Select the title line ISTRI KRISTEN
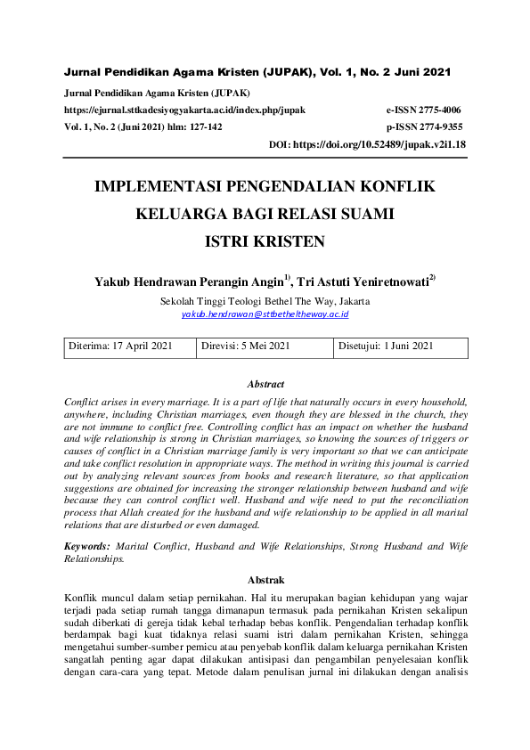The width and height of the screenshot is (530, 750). tap(265, 240)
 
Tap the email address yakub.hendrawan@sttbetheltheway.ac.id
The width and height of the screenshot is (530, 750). tap(265, 314)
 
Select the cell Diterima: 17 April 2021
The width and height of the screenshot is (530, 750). tap(122, 346)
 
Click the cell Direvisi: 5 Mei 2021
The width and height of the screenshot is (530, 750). tap(246, 346)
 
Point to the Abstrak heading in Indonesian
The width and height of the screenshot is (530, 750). tap(265, 576)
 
